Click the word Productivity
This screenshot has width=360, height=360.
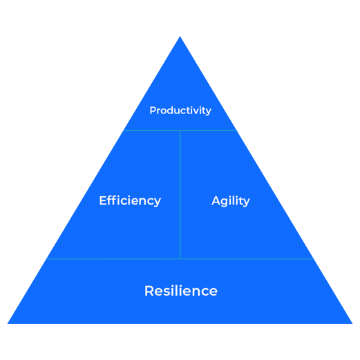click(180, 111)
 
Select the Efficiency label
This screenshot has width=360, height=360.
click(130, 201)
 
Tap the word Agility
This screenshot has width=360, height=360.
click(231, 201)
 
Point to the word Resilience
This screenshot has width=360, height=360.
click(181, 291)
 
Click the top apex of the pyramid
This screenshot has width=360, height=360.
click(180, 37)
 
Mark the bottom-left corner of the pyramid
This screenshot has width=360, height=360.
click(8, 323)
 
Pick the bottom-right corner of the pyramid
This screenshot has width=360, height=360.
click(352, 323)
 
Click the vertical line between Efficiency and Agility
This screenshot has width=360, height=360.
click(180, 194)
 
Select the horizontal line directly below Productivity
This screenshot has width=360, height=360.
click(180, 130)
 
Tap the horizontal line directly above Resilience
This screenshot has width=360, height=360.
click(180, 258)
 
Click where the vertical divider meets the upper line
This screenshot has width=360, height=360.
click(180, 130)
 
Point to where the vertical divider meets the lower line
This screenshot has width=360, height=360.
click(180, 258)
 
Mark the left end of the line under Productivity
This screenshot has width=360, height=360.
click(124, 130)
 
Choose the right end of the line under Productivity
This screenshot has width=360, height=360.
click(236, 130)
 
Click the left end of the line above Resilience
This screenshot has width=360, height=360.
click(46, 258)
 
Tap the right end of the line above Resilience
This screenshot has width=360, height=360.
click(314, 258)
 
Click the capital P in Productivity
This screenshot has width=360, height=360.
click(153, 111)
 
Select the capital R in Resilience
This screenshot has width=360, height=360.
click(149, 291)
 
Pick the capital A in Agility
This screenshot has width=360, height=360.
click(216, 200)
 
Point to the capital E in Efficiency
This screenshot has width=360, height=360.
click(103, 200)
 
